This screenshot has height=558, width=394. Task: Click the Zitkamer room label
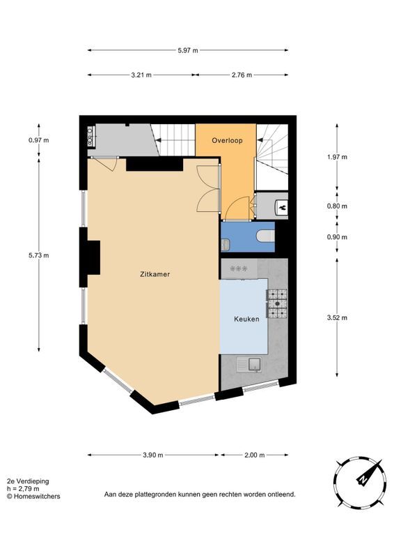click(154, 274)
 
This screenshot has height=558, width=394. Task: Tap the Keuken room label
click(246, 319)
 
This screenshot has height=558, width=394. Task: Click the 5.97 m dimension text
click(187, 50)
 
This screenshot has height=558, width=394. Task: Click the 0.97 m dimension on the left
click(39, 140)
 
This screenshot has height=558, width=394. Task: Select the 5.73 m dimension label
click(39, 255)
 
